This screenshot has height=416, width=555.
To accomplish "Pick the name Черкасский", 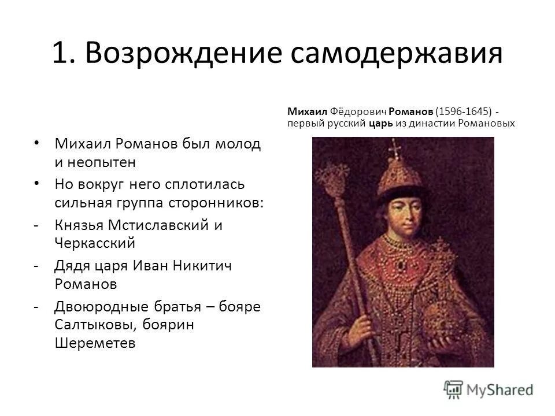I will tap(95, 243).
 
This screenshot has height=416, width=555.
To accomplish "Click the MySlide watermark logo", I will tap(489, 389).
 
